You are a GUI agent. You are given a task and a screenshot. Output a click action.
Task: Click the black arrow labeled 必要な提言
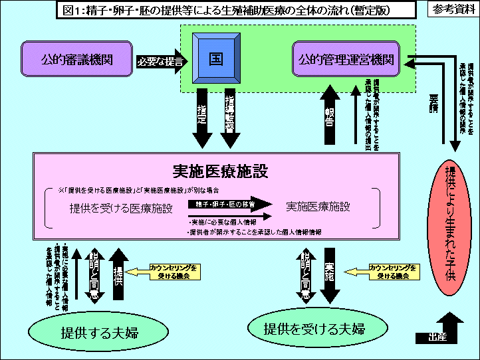pos(159,60)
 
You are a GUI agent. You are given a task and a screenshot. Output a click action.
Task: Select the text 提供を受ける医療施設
pos(121,207)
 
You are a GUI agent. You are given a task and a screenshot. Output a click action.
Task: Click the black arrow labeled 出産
pos(435,337)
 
